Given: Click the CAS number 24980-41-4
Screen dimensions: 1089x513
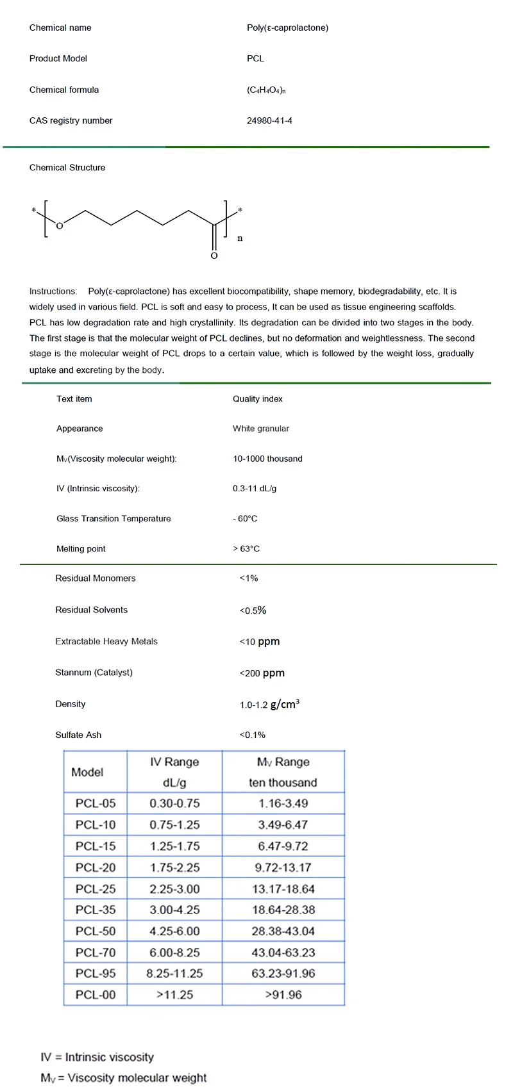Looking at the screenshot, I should [x=269, y=120].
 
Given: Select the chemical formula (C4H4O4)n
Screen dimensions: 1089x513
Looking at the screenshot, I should [x=266, y=90].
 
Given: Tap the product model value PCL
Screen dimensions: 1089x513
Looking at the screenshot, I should [x=255, y=58].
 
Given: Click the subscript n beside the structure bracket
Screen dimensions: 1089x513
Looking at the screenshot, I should [x=240, y=238].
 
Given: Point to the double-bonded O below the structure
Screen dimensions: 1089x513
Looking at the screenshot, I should [x=214, y=256].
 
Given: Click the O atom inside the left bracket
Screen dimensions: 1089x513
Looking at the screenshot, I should [x=60, y=225].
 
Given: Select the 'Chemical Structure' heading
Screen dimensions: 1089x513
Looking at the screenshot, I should [x=67, y=167].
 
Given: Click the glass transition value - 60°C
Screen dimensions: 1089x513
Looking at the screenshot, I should [x=245, y=518].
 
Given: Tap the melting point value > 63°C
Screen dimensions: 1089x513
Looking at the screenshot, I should [x=246, y=548].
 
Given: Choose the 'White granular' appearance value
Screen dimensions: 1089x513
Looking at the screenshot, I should [x=261, y=429].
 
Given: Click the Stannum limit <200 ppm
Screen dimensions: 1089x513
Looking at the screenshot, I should [x=262, y=673].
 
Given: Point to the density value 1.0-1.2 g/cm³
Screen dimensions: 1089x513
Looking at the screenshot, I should [x=269, y=704].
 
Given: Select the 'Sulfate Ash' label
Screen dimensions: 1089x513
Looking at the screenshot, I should [x=78, y=735].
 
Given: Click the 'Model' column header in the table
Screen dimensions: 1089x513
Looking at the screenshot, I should [x=87, y=772].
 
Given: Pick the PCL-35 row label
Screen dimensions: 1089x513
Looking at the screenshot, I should [x=96, y=910].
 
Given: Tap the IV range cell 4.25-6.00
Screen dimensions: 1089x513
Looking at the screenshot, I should [x=174, y=931].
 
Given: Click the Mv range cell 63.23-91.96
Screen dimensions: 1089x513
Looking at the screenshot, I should [x=283, y=973].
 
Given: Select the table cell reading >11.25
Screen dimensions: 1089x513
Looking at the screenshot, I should [x=174, y=995].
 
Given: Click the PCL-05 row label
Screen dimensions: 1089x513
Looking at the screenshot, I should [x=96, y=803].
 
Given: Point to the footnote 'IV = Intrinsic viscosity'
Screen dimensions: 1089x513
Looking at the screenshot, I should [x=97, y=1057].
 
